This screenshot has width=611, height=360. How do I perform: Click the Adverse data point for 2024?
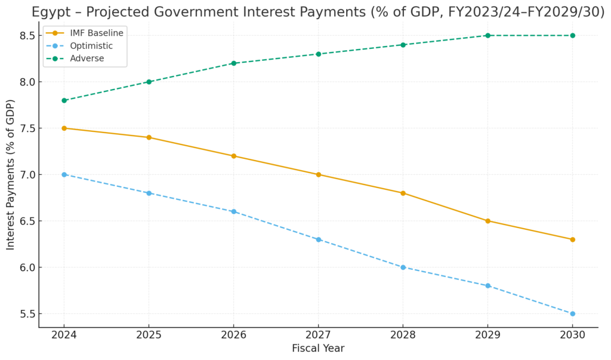click(64, 100)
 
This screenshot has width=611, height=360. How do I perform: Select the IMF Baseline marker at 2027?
click(318, 174)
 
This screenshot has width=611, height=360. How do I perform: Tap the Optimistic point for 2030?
click(572, 313)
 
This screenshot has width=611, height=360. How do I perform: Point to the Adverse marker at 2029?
click(487, 35)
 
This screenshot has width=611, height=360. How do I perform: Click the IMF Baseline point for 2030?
click(572, 239)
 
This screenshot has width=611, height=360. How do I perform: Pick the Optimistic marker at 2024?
click(64, 174)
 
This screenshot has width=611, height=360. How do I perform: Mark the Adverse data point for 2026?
click(233, 63)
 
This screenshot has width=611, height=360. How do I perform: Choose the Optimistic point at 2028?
click(403, 267)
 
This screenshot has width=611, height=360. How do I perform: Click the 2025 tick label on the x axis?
click(149, 336)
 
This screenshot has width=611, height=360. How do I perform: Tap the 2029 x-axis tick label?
click(487, 336)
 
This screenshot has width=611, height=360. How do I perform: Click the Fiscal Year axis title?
click(318, 348)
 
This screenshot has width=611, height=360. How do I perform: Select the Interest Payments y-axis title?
click(11, 174)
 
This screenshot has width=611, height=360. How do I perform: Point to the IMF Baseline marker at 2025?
click(149, 137)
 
